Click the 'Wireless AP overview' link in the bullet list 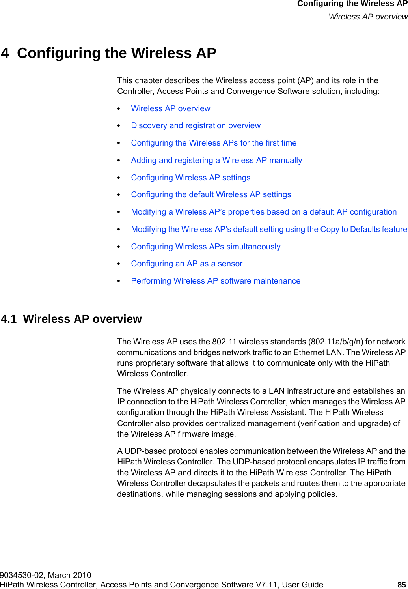click(170, 108)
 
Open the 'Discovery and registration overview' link click(196, 125)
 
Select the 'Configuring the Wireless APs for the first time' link click(214, 143)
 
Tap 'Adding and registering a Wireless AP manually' click(216, 160)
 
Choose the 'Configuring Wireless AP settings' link click(190, 178)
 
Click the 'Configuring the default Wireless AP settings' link click(211, 194)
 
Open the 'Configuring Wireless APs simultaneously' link click(205, 247)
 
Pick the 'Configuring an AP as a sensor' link click(186, 264)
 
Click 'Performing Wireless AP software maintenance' click(216, 281)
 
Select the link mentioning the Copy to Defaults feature click(269, 229)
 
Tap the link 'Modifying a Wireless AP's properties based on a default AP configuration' click(264, 212)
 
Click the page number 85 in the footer click(401, 585)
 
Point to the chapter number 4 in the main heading click(5, 53)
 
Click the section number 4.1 click(9, 319)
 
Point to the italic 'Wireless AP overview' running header click(368, 17)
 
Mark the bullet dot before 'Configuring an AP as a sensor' click(119, 264)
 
